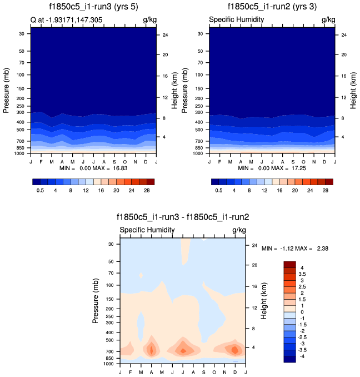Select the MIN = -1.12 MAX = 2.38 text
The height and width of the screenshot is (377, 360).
[295, 249]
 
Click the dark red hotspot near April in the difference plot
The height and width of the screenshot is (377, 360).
[151, 350]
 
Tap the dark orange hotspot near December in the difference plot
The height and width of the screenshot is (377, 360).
[235, 350]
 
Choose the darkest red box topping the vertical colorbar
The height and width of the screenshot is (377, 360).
[289, 264]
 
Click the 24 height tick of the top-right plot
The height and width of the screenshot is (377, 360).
[344, 35]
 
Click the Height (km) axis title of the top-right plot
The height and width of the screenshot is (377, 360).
[354, 90]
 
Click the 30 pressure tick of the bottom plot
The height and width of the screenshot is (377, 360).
[110, 244]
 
